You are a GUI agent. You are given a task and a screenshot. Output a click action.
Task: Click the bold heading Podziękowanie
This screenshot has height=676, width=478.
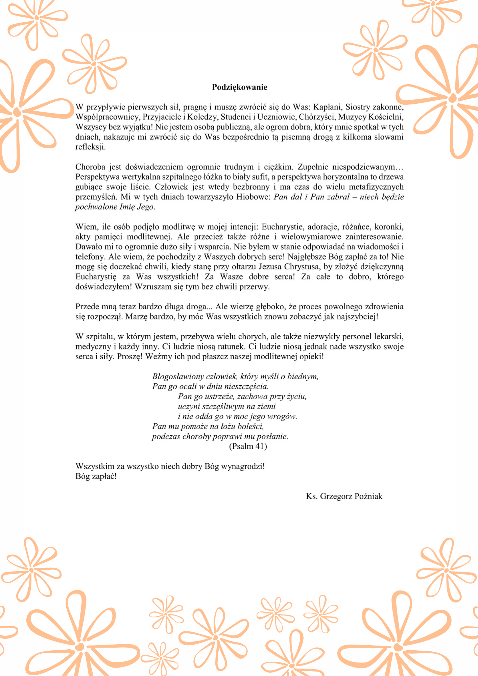click(x=239, y=87)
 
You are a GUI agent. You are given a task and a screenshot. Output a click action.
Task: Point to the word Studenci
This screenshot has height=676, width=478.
click(x=236, y=117)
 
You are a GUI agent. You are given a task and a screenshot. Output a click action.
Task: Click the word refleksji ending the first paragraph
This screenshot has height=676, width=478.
click(x=90, y=147)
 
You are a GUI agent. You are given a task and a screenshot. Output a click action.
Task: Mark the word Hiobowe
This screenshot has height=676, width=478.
click(x=254, y=197)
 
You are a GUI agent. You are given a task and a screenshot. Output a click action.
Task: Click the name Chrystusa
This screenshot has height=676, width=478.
click(x=302, y=267)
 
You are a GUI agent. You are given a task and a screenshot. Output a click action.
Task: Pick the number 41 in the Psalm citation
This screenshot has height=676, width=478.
click(x=259, y=446)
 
